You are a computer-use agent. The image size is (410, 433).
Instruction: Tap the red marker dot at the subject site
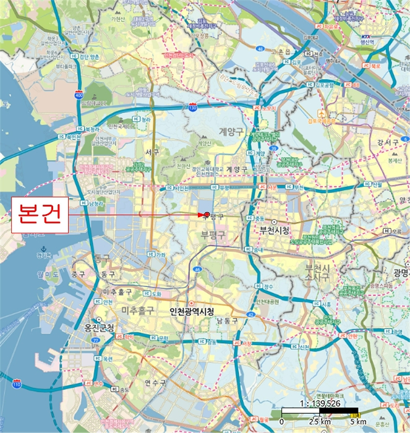click(x=205, y=215)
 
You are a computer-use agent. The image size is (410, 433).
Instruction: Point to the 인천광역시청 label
click(x=192, y=311)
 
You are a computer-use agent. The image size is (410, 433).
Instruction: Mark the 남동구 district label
click(x=227, y=320)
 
